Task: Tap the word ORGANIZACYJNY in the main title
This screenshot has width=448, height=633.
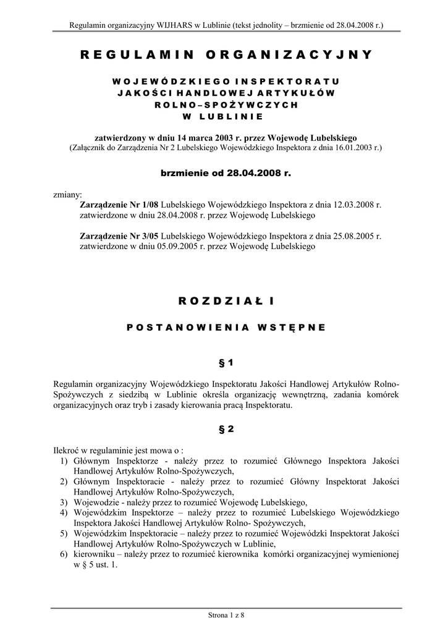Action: pyautogui.click(x=290, y=55)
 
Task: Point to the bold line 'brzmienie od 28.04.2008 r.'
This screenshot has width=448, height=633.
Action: pyautogui.click(x=224, y=174)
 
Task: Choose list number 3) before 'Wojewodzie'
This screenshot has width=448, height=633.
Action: pyautogui.click(x=64, y=502)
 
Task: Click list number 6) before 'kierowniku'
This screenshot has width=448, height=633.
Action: pyautogui.click(x=64, y=554)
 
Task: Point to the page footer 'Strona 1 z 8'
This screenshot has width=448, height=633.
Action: pyautogui.click(x=224, y=615)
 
